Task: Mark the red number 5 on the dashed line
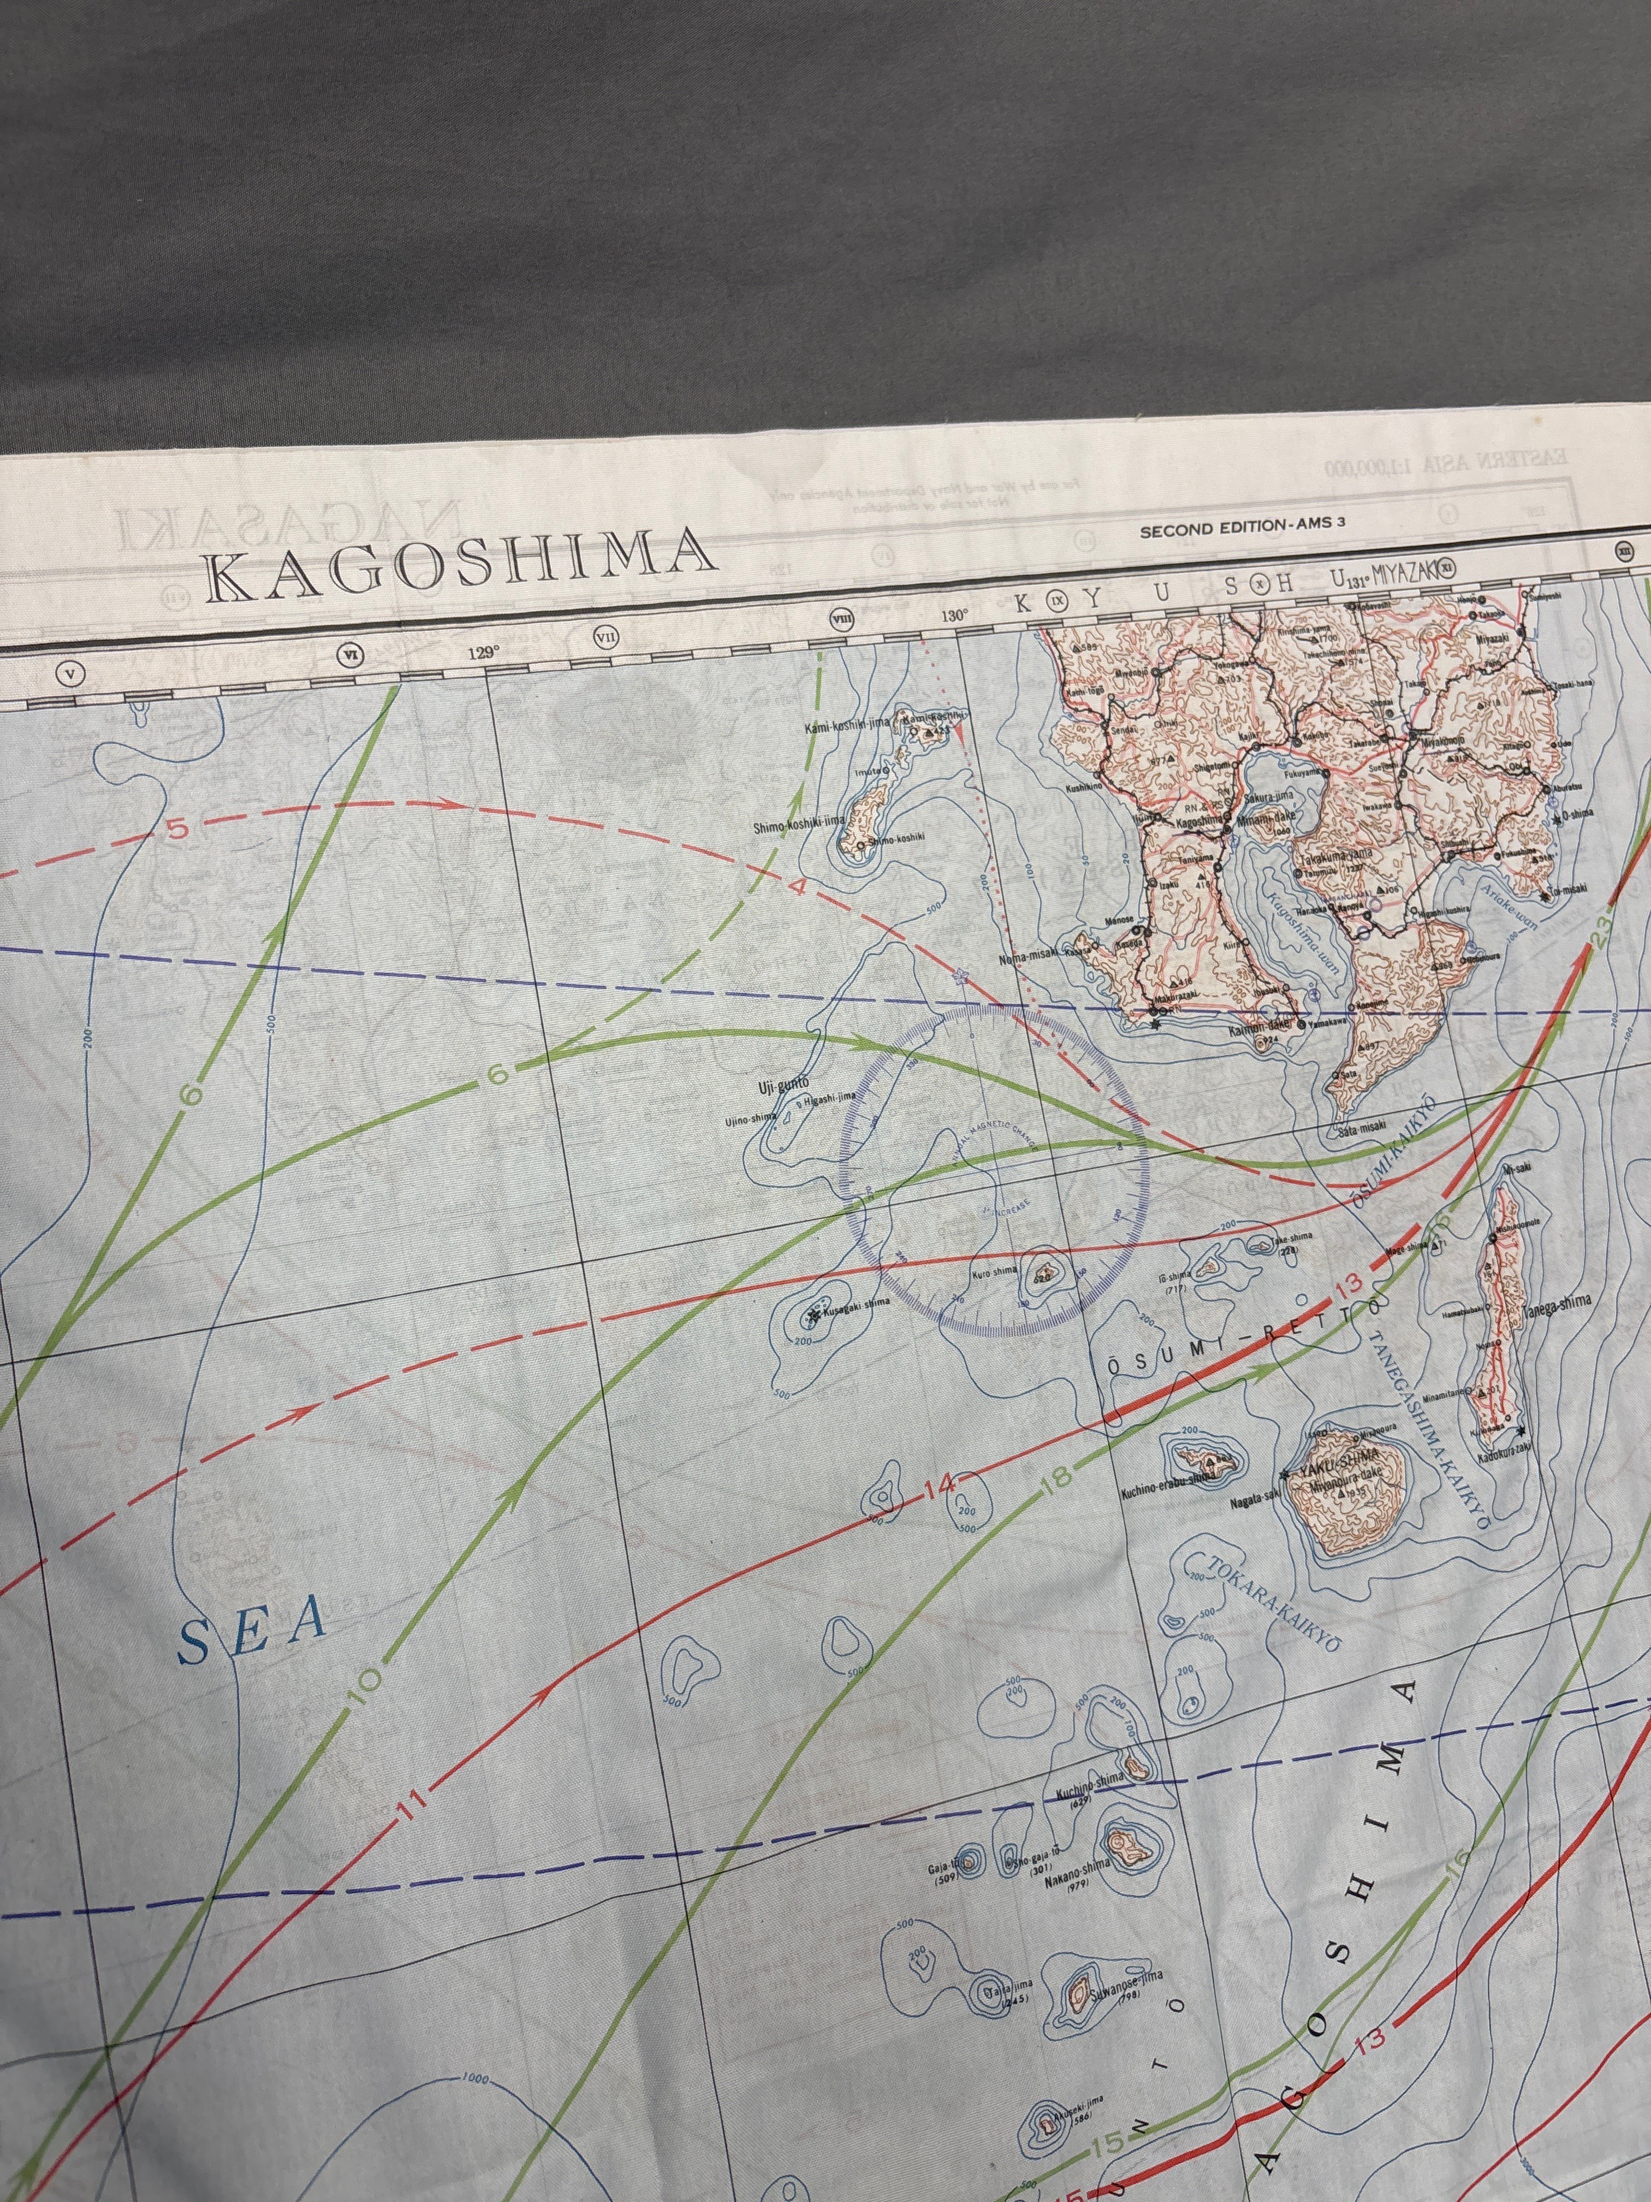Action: pyautogui.click(x=176, y=827)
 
